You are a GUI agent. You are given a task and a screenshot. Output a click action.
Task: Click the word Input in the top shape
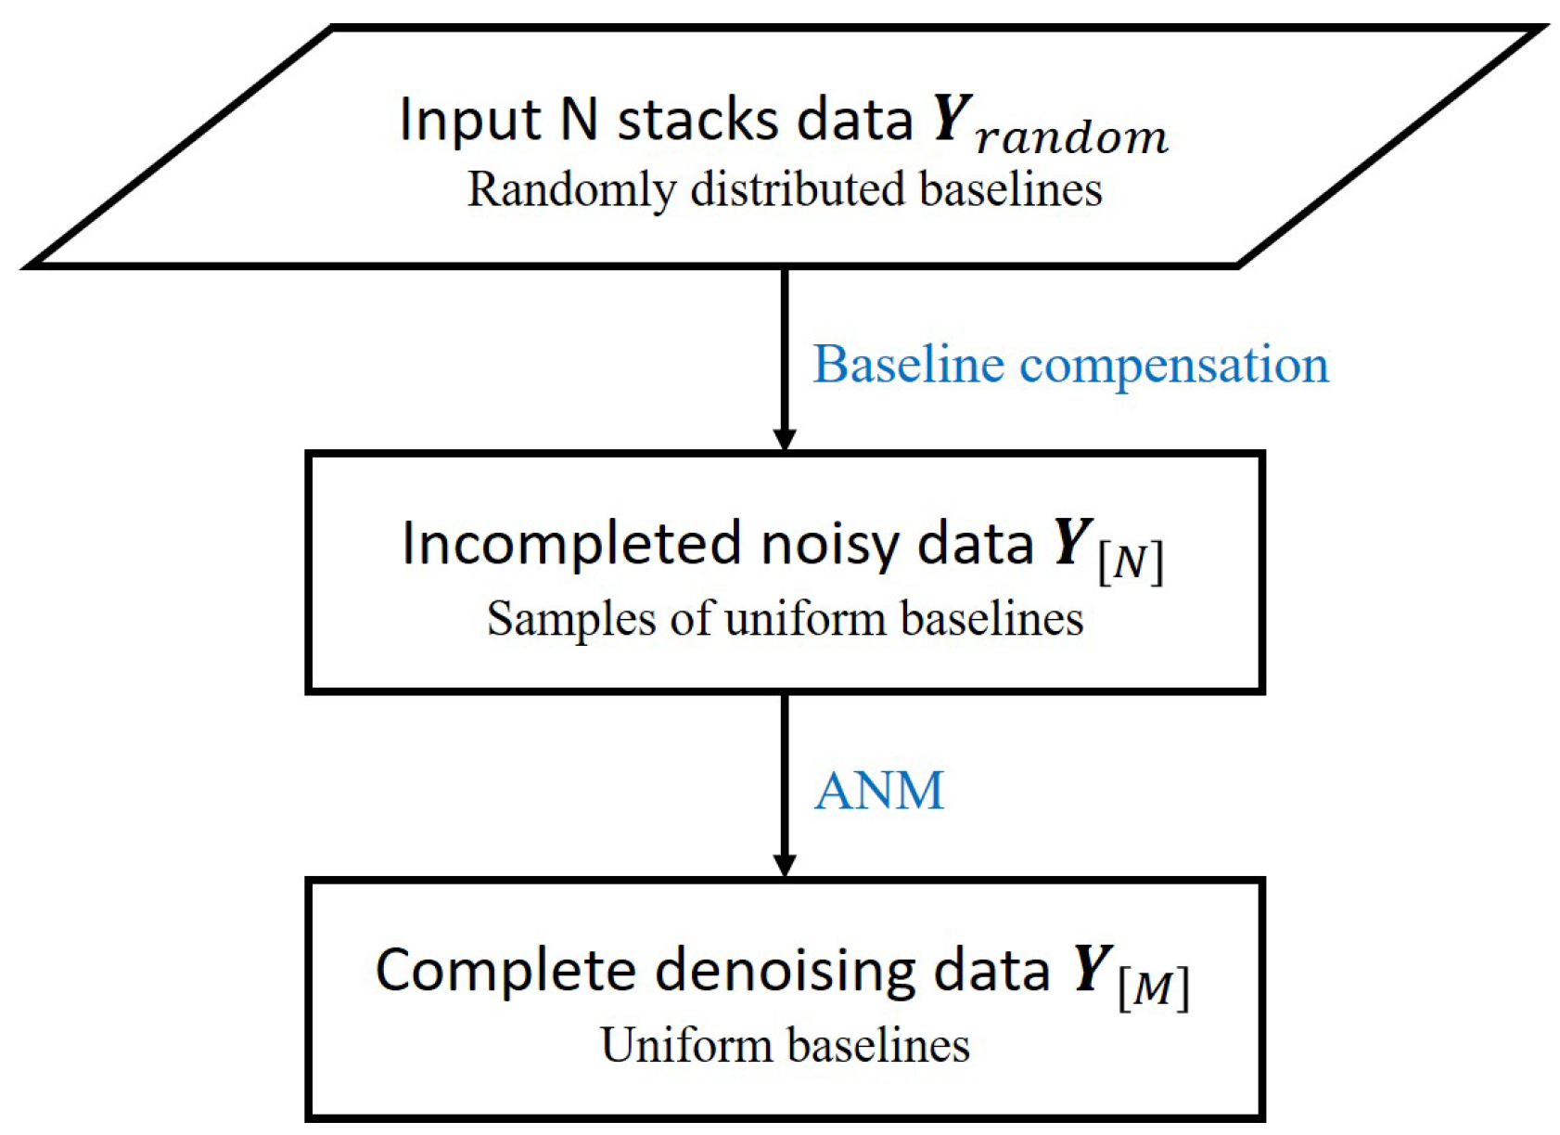[468, 120]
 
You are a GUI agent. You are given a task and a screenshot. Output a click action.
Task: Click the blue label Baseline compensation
[1070, 364]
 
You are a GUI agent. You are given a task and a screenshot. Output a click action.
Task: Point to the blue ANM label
[878, 791]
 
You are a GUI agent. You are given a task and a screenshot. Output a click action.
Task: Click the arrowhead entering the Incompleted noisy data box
[785, 439]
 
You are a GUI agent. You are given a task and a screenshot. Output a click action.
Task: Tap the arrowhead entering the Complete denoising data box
[785, 864]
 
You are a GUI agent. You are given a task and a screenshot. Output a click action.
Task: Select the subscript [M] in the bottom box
[1153, 988]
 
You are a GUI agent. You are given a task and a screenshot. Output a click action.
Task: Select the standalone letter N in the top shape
[579, 120]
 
